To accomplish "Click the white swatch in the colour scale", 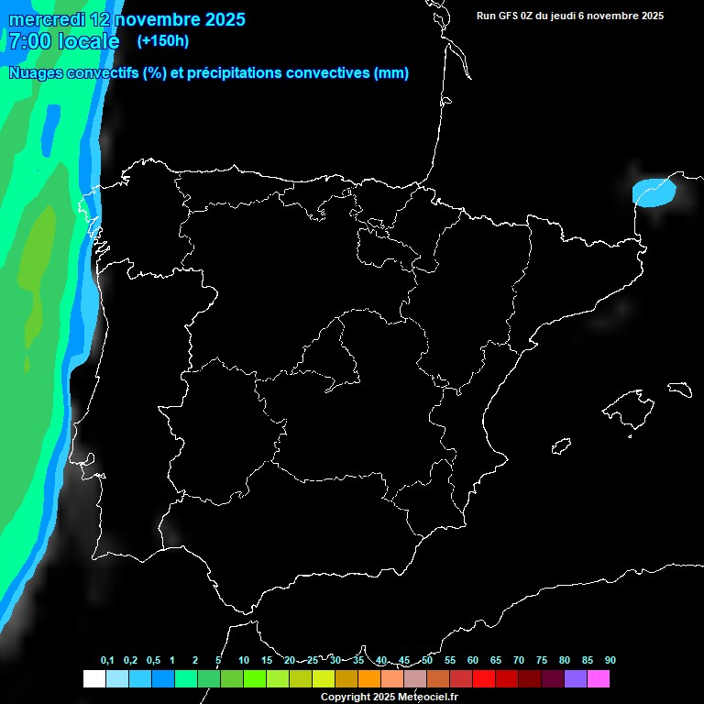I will pyautogui.click(x=93, y=679).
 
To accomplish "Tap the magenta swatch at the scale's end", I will pyautogui.click(x=599, y=679).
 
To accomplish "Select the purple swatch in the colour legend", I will pyautogui.click(x=576, y=679).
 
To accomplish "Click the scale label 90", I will pyautogui.click(x=610, y=660).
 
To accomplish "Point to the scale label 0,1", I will pyautogui.click(x=107, y=660).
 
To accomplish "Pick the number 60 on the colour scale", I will pyautogui.click(x=473, y=660).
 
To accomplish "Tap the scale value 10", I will pyautogui.click(x=244, y=660).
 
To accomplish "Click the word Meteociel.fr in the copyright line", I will pyautogui.click(x=427, y=698).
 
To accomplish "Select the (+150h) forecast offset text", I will pyautogui.click(x=163, y=40).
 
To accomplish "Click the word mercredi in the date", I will pyautogui.click(x=46, y=18).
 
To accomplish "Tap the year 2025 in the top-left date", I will pyautogui.click(x=219, y=18).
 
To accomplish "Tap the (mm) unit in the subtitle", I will pyautogui.click(x=391, y=73).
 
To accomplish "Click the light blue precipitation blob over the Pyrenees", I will pyautogui.click(x=654, y=192).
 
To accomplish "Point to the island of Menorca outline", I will pyautogui.click(x=679, y=390).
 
